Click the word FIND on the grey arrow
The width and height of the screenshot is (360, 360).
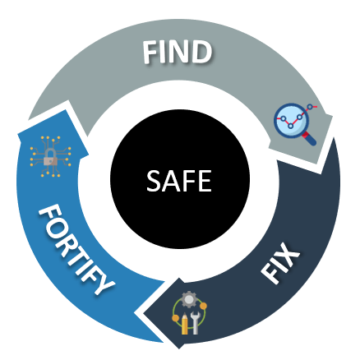click(178, 52)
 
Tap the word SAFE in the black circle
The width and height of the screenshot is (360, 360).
click(179, 181)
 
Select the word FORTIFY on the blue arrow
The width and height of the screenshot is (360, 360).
click(76, 249)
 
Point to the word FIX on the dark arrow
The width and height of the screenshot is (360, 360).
click(280, 262)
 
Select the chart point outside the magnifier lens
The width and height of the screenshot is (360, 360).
click(310, 106)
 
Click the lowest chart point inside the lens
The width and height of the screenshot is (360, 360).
click(290, 126)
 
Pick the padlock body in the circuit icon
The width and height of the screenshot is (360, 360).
click(50, 161)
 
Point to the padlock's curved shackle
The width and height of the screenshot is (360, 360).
click(50, 153)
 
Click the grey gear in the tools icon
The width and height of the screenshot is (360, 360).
click(188, 299)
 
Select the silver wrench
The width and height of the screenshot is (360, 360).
click(195, 323)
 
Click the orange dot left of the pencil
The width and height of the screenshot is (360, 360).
click(176, 318)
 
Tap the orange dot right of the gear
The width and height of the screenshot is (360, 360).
click(204, 306)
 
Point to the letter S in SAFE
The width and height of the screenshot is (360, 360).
click(154, 181)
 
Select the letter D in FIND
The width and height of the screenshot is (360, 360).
click(202, 53)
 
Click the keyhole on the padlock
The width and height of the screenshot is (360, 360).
click(50, 161)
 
